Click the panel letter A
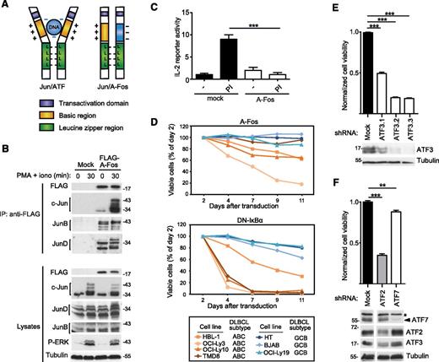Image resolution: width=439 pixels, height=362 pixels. [6, 7]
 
